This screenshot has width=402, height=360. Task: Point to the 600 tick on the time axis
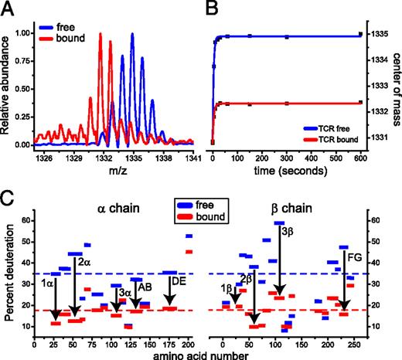pos(360,155)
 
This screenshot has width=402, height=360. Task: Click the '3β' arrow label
pos(287,230)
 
